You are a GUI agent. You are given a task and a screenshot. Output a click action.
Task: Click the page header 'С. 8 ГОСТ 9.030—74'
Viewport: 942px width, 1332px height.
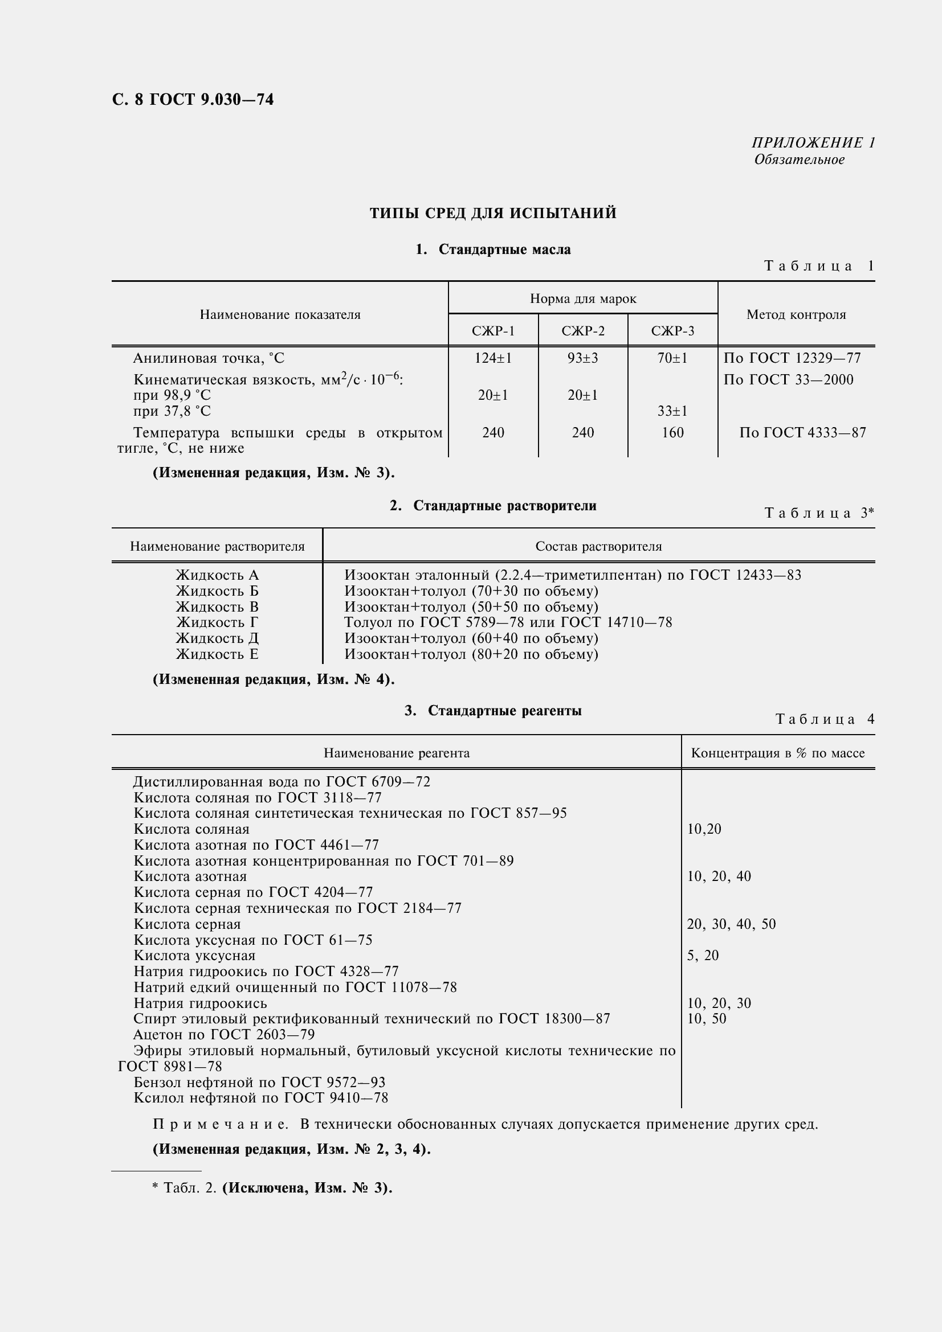pos(192,100)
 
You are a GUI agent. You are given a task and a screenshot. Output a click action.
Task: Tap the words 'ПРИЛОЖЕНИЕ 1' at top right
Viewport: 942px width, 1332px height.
pos(813,143)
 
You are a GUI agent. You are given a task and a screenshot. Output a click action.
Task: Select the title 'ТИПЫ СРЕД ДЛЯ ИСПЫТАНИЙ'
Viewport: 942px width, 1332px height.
pos(493,214)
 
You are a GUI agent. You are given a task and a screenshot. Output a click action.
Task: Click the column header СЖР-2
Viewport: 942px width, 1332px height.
pos(582,331)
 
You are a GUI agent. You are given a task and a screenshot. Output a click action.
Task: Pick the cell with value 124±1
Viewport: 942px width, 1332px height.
pos(493,359)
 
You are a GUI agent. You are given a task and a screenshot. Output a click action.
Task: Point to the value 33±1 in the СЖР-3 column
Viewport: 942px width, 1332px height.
pos(672,411)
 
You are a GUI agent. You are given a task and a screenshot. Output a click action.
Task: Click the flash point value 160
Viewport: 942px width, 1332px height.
pos(672,433)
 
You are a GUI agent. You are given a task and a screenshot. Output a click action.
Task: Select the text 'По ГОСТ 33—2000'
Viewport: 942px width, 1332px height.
pos(788,380)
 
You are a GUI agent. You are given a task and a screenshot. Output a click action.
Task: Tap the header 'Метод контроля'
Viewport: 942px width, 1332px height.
pos(796,315)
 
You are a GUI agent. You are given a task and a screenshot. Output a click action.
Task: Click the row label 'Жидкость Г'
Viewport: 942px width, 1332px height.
pos(217,622)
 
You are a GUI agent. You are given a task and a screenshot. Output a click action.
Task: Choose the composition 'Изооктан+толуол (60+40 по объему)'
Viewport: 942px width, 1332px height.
pos(471,638)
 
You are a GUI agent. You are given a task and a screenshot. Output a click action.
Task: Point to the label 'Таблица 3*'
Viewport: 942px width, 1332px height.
pos(818,513)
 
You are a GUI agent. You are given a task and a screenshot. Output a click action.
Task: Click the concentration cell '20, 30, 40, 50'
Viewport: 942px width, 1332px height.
pos(731,924)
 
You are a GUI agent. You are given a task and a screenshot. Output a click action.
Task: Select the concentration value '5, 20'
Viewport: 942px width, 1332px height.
pos(702,956)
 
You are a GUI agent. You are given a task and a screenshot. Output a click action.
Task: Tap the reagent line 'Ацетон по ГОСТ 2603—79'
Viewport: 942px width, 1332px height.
pos(223,1034)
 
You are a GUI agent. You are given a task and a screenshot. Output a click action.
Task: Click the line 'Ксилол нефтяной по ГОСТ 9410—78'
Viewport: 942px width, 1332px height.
pos(260,1097)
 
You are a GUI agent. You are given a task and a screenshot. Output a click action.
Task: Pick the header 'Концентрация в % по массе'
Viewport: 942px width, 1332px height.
pos(777,753)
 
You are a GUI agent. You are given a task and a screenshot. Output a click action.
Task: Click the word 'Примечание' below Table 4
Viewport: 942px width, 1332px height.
pos(220,1124)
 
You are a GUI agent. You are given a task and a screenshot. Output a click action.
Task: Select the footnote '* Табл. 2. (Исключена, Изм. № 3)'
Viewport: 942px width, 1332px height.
pos(272,1187)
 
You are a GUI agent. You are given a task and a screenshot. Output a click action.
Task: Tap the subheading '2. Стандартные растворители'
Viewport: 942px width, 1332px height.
pos(493,506)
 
